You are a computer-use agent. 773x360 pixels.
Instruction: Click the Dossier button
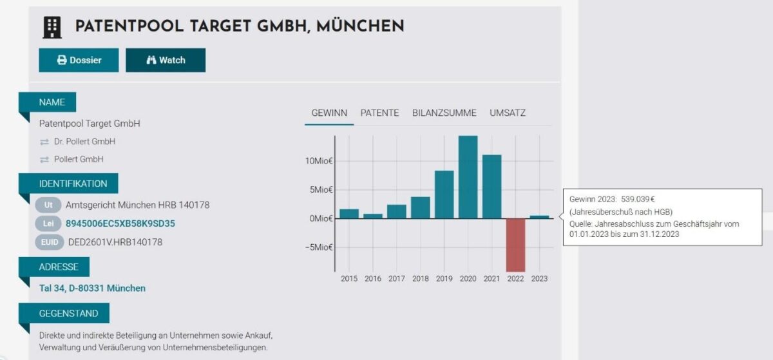pyautogui.click(x=79, y=60)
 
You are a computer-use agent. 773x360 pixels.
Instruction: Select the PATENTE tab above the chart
pyautogui.click(x=379, y=113)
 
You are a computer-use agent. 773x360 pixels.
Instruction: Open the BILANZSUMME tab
pyautogui.click(x=444, y=113)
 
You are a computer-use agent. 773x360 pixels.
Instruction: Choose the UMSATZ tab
pyautogui.click(x=508, y=113)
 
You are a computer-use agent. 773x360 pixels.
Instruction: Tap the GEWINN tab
pyautogui.click(x=329, y=113)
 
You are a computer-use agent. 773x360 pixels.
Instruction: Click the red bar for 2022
pyautogui.click(x=515, y=245)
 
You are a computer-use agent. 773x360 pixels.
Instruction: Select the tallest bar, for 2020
pyautogui.click(x=468, y=177)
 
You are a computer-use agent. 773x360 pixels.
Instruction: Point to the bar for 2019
pyautogui.click(x=444, y=194)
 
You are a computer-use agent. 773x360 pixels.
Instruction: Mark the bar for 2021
pyautogui.click(x=491, y=187)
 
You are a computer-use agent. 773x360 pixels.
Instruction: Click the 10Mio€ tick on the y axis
pyautogui.click(x=320, y=161)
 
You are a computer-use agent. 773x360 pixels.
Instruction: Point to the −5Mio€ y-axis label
pyautogui.click(x=319, y=247)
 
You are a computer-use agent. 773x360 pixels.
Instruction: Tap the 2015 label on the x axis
pyautogui.click(x=349, y=279)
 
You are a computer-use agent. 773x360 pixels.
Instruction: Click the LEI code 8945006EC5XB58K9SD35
pyautogui.click(x=120, y=223)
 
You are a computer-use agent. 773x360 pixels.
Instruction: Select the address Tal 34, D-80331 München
pyautogui.click(x=92, y=288)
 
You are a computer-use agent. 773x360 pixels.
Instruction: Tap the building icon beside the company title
pyautogui.click(x=52, y=27)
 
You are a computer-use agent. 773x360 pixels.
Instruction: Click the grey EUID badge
pyautogui.click(x=50, y=242)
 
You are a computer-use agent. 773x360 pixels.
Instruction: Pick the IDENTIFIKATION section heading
pyautogui.click(x=73, y=184)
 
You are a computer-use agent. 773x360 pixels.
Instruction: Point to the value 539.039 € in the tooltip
pyautogui.click(x=638, y=200)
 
